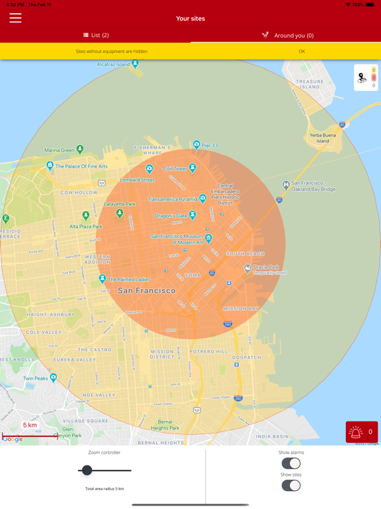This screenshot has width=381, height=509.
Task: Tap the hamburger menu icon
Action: coord(15,19)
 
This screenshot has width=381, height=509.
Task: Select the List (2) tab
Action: coord(96,35)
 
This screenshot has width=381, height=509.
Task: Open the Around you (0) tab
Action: coord(287,35)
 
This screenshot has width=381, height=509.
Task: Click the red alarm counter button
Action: coord(362,432)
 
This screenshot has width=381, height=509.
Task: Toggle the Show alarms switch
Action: coord(291,463)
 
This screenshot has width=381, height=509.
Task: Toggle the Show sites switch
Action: coord(291,485)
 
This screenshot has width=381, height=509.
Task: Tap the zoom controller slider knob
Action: coord(87,471)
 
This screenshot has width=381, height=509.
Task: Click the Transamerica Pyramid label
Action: coord(173,199)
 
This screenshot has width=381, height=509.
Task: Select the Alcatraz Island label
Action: coord(113,64)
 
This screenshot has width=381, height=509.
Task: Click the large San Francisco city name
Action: coord(147,290)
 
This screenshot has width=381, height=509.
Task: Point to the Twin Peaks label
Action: coord(36,378)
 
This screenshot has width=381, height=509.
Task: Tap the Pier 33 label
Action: coord(210,145)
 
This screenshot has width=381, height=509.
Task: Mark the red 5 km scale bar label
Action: coord(30,425)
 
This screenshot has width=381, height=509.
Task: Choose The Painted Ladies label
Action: coord(129,280)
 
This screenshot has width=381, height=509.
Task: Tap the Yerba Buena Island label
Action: coord(323,138)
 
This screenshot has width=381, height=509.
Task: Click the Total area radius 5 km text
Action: coord(105,488)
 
